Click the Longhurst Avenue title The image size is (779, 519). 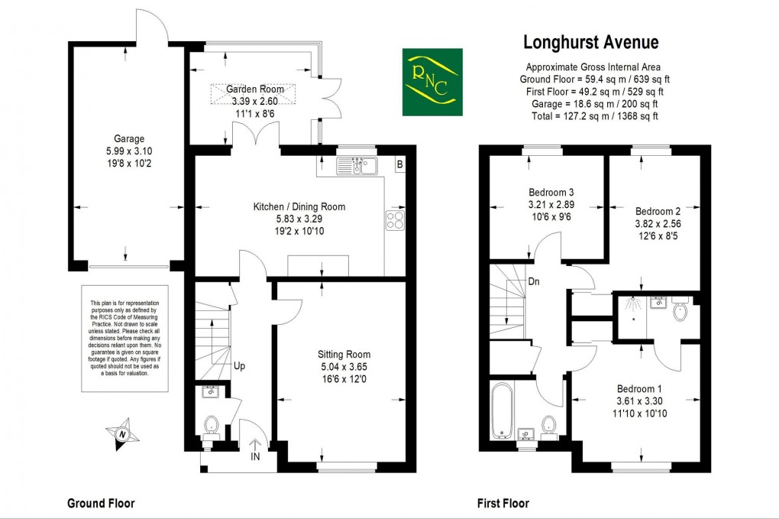tap(590, 42)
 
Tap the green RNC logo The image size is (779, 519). tap(432, 82)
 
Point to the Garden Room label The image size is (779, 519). tap(255, 89)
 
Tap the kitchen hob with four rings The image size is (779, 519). tap(396, 220)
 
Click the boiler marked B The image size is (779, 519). tap(399, 164)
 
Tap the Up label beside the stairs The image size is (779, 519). tap(239, 366)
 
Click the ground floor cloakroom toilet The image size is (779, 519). tap(212, 424)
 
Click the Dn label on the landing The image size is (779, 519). tap(534, 281)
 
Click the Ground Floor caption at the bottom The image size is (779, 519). tap(101, 503)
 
